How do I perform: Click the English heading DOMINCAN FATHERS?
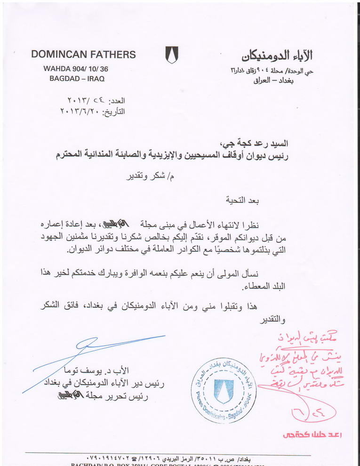(x=83, y=55)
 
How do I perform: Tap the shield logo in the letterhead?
(x=171, y=56)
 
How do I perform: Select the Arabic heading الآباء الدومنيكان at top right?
(x=278, y=56)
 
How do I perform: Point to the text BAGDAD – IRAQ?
(x=77, y=78)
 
